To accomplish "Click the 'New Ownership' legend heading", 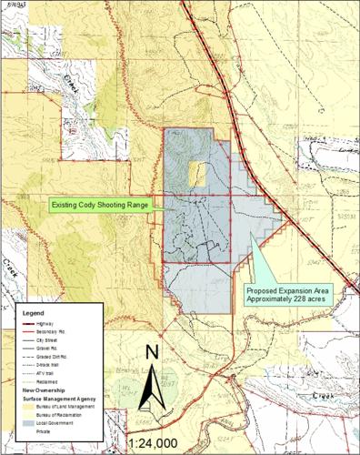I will (x=43, y=389).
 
